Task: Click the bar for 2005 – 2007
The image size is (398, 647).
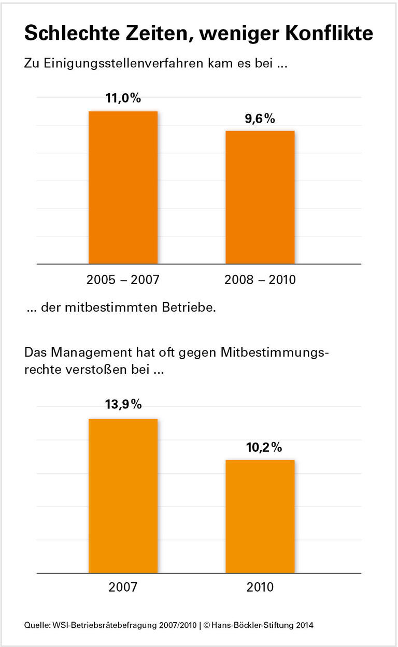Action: [x=123, y=187]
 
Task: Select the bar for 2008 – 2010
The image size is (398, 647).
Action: [x=260, y=197]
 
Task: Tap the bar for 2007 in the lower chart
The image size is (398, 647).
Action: [x=123, y=495]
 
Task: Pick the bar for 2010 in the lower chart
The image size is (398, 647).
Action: [x=260, y=516]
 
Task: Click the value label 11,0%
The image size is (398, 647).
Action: [x=123, y=98]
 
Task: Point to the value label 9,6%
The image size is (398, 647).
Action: [x=260, y=119]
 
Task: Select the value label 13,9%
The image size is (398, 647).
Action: [x=123, y=405]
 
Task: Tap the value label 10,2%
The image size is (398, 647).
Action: [x=264, y=447]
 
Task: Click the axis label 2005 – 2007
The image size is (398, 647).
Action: [x=123, y=280]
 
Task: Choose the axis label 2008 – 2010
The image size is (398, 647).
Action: [x=260, y=280]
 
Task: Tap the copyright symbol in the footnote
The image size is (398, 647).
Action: [x=206, y=625]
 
